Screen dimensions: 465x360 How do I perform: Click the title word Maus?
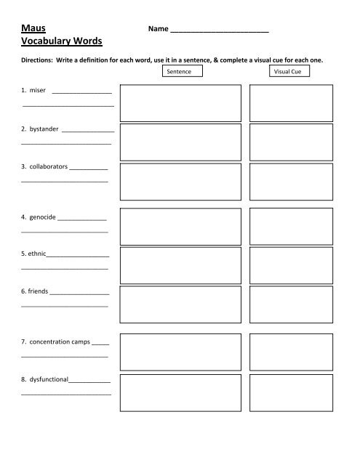34,29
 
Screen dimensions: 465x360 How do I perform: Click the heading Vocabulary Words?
63,42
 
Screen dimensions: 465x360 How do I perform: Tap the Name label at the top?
157,30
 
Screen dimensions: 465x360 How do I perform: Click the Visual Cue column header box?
289,73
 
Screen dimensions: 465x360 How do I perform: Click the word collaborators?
46,166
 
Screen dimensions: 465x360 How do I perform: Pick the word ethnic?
35,254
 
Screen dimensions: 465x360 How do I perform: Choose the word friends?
35,291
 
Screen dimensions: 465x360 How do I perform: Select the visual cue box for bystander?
289,141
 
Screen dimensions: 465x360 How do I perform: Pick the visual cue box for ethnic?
289,264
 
